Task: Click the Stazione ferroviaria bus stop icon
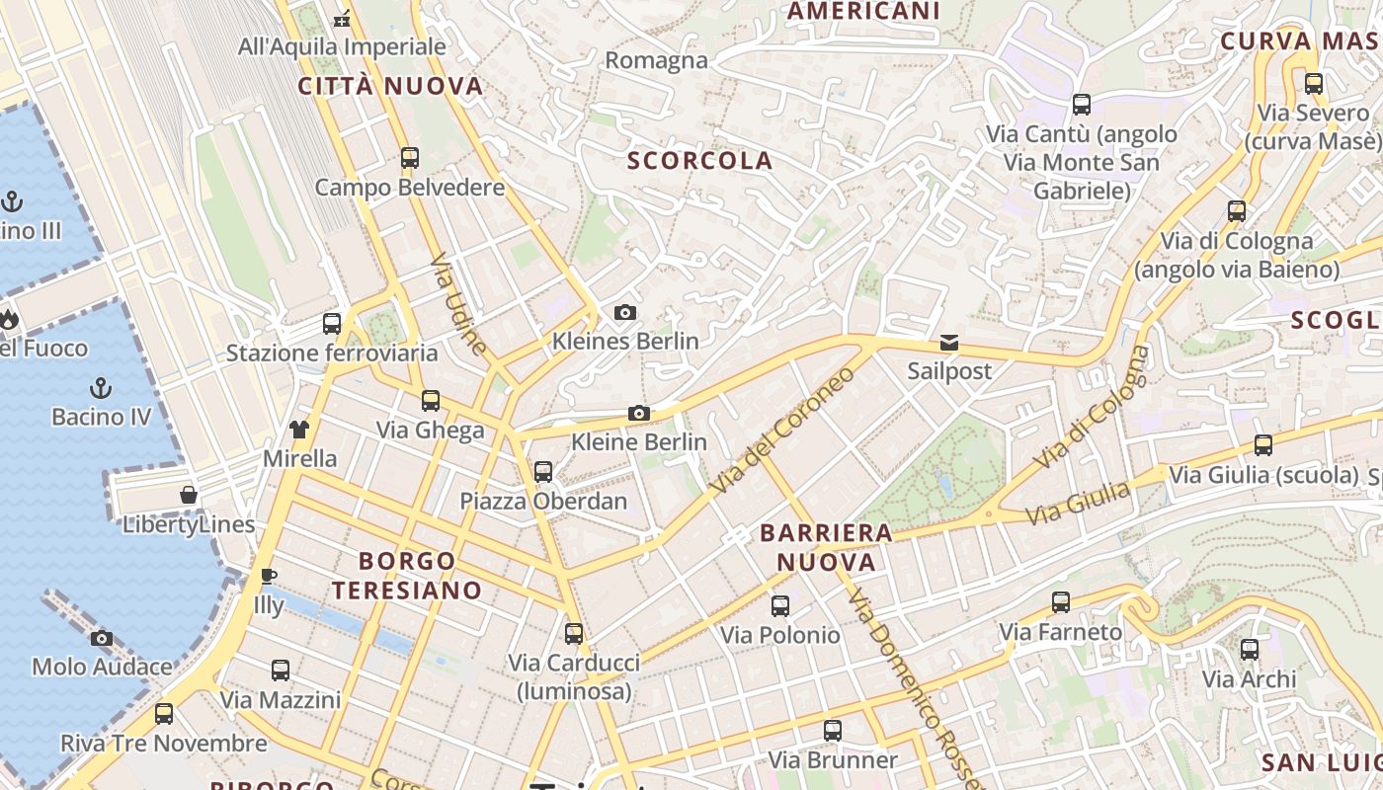pyautogui.click(x=332, y=324)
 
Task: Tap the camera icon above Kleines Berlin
pyautogui.click(x=625, y=313)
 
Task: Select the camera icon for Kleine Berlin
pyautogui.click(x=639, y=414)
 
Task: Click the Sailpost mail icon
pyautogui.click(x=949, y=343)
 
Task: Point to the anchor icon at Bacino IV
pyautogui.click(x=101, y=387)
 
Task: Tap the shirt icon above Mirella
pyautogui.click(x=299, y=430)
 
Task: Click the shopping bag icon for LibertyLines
pyautogui.click(x=189, y=495)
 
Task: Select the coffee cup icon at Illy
pyautogui.click(x=268, y=576)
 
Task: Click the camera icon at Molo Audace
pyautogui.click(x=102, y=638)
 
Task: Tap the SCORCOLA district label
pyautogui.click(x=700, y=160)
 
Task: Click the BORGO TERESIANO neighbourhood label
pyautogui.click(x=407, y=576)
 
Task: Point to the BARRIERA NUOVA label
pyautogui.click(x=826, y=547)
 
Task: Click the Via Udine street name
pyautogui.click(x=459, y=304)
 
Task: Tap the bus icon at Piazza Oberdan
pyautogui.click(x=543, y=472)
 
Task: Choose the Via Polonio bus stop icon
pyautogui.click(x=780, y=606)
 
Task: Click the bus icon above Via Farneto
pyautogui.click(x=1061, y=602)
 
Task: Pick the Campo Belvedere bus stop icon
pyautogui.click(x=410, y=158)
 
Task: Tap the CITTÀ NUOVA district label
pyautogui.click(x=391, y=86)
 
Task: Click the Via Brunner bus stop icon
pyautogui.click(x=833, y=731)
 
